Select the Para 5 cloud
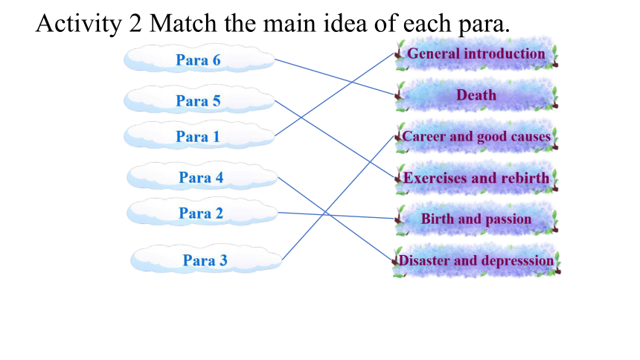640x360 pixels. [199, 99]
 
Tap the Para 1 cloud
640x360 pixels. [199, 135]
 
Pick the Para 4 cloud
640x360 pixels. [202, 176]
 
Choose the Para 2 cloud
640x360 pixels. [202, 212]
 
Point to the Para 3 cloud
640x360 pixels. [206, 259]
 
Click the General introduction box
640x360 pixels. [476, 54]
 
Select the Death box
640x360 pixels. [476, 95]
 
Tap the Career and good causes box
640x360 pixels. [476, 136]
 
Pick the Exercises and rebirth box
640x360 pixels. [476, 178]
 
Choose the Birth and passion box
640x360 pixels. [476, 219]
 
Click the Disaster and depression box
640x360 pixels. [476, 261]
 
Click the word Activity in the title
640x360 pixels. [79, 24]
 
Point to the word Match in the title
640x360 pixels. [183, 23]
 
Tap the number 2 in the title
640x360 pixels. [135, 23]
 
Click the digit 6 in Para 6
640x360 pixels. [217, 60]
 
